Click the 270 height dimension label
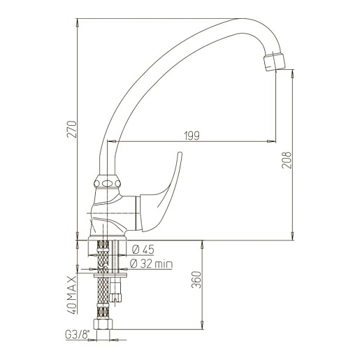(x=72, y=129)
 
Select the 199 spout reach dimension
(x=192, y=136)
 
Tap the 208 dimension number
(x=287, y=160)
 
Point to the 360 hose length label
(x=196, y=280)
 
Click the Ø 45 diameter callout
(x=143, y=250)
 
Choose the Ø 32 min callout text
(x=151, y=264)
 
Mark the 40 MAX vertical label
(x=72, y=295)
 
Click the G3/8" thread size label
(x=78, y=335)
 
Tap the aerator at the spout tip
(x=274, y=62)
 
